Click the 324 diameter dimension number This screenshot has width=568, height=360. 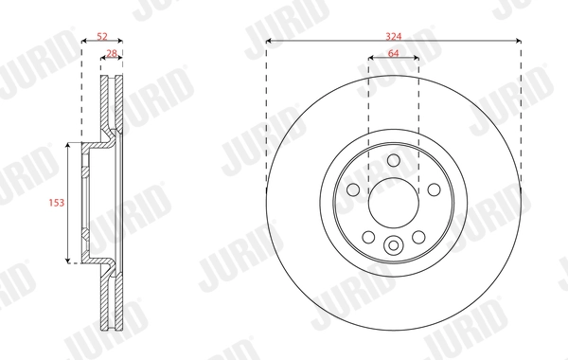[x=393, y=35]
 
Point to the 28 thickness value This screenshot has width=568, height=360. [x=112, y=53]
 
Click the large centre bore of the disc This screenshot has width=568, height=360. [x=393, y=201]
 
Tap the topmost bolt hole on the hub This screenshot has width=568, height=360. [x=393, y=159]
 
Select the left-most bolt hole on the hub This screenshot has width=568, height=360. [x=353, y=189]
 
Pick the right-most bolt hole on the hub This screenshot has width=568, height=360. [x=433, y=189]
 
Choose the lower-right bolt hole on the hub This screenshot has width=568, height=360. [x=417, y=236]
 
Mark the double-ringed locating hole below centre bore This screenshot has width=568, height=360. [x=393, y=246]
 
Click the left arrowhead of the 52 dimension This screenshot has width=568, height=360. [x=83, y=43]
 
